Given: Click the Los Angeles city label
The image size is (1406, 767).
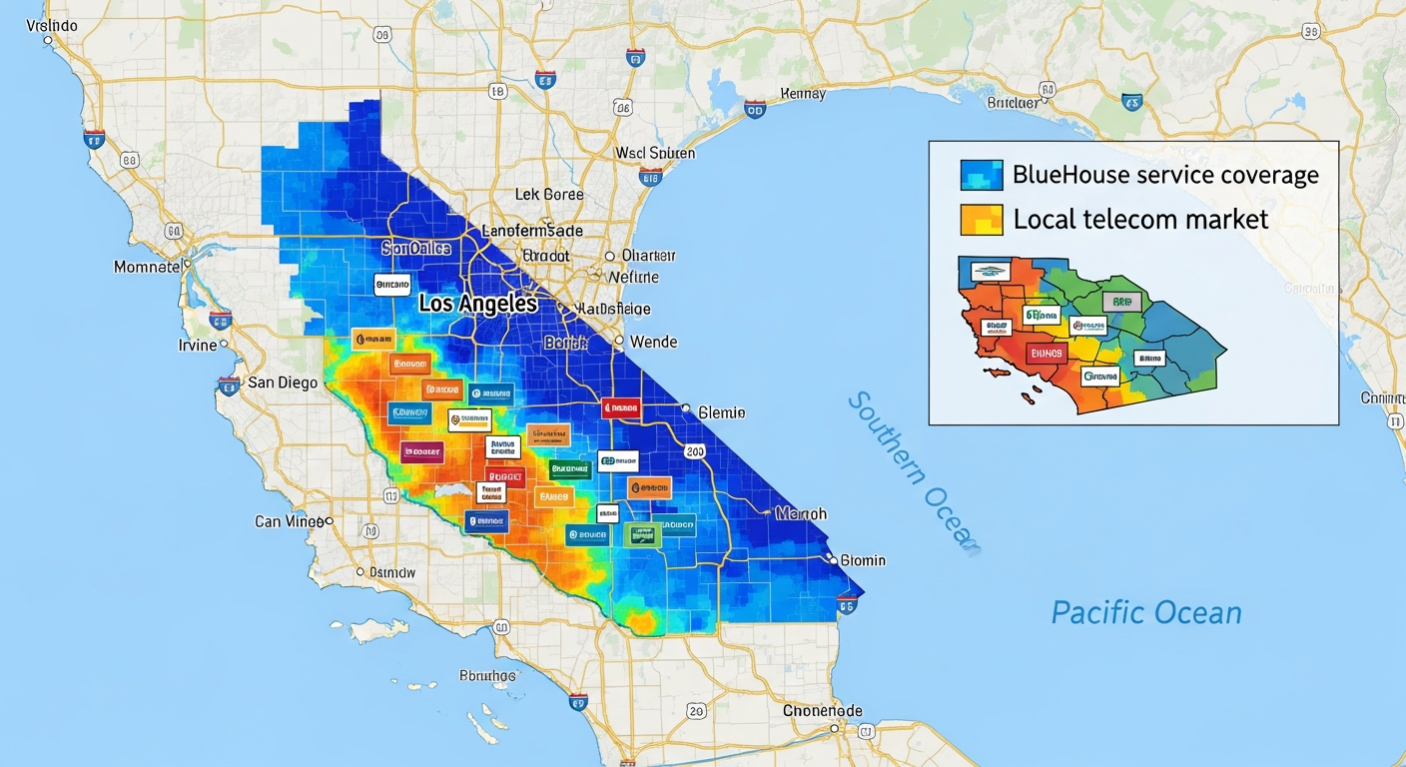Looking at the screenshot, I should [x=477, y=304].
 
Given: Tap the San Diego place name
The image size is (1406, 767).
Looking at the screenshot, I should [x=283, y=383].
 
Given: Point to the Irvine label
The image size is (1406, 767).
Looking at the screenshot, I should [x=197, y=345].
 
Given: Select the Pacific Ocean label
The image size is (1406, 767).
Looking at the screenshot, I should [x=1145, y=611].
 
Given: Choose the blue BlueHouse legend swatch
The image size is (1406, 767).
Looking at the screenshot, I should [x=981, y=175].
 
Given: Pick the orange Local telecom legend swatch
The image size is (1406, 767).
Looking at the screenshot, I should [x=981, y=220].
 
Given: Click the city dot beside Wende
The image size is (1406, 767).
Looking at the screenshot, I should [x=619, y=342].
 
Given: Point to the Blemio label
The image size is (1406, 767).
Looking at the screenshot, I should [x=721, y=412].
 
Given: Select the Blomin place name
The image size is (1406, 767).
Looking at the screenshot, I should [x=863, y=560].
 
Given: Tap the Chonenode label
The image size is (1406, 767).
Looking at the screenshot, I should [x=822, y=710].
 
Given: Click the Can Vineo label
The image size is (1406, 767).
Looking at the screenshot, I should [x=289, y=521].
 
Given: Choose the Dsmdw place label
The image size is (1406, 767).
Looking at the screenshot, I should [x=391, y=572].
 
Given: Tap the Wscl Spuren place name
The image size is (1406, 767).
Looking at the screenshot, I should [x=655, y=153].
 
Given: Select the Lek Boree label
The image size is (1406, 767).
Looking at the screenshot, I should [x=548, y=194].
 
